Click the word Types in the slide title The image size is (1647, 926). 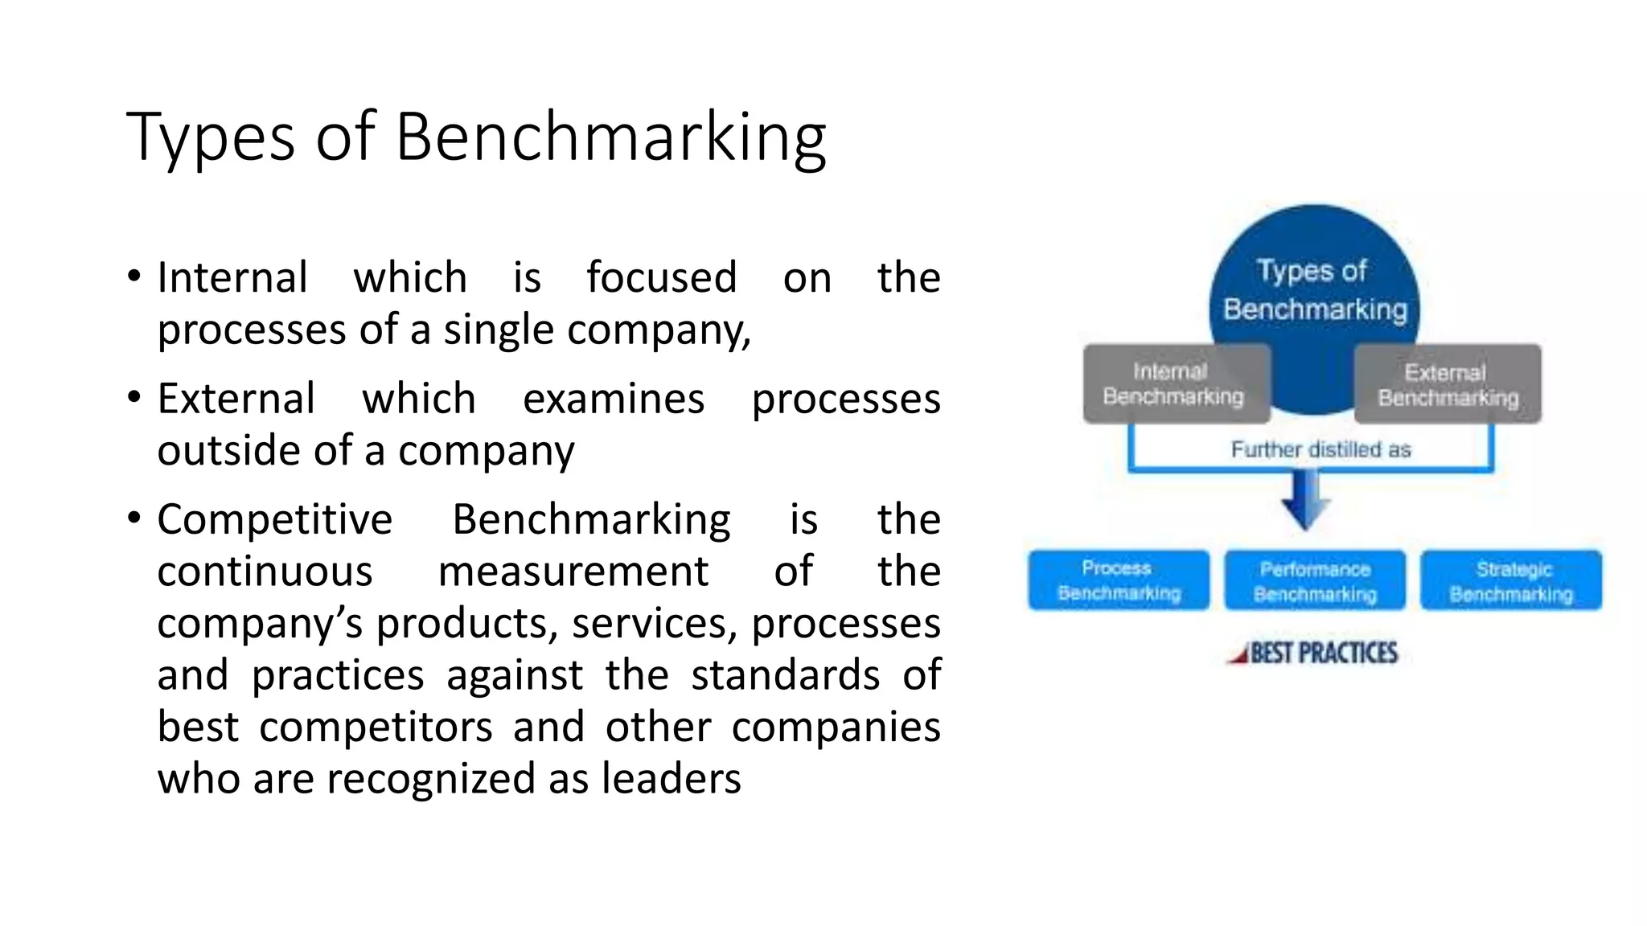210,138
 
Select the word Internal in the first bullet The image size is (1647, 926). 232,278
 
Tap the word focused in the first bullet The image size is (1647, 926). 661,278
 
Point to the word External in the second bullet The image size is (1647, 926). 236,399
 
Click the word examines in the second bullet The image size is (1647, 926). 614,399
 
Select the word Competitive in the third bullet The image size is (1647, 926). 275,519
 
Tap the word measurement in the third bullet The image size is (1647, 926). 573,572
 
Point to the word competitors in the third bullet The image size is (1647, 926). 376,727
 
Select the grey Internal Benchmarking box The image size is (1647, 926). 1175,384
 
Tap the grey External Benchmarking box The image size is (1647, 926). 1448,385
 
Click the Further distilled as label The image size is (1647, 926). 1320,449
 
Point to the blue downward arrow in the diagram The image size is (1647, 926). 1305,498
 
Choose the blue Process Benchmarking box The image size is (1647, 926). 1119,580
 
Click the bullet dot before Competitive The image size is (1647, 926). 134,517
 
